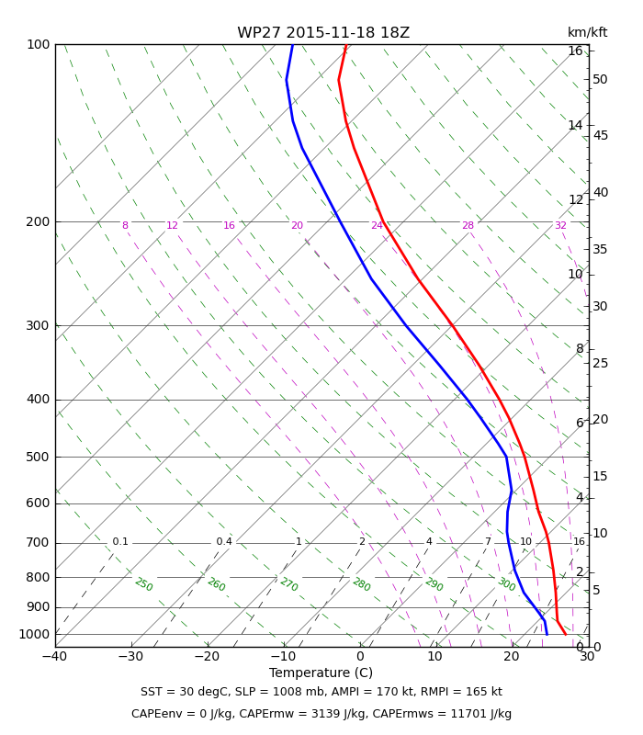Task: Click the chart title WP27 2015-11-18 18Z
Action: (323, 33)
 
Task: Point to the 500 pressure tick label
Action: (38, 457)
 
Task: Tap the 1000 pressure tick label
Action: (34, 634)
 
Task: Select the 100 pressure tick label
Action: (38, 44)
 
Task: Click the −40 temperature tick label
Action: (55, 656)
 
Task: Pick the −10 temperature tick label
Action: (284, 656)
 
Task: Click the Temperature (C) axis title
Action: (321, 673)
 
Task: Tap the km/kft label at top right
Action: (587, 32)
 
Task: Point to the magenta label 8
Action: (125, 225)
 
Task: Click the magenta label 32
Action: (560, 225)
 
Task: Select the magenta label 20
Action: (297, 225)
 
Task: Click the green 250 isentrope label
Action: (144, 584)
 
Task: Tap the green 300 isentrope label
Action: (507, 584)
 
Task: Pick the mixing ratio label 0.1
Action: (120, 541)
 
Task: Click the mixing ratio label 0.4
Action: (224, 541)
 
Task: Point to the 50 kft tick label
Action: (601, 79)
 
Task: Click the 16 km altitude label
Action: (576, 51)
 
